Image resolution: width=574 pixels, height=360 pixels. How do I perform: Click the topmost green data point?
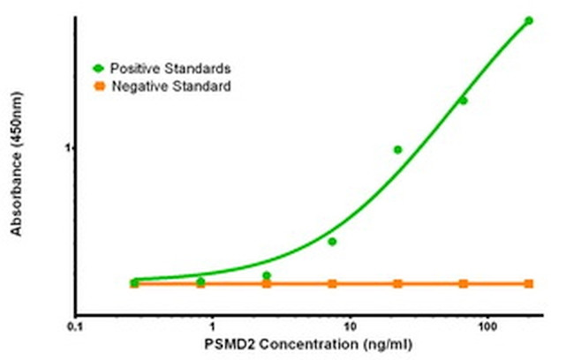[529, 20]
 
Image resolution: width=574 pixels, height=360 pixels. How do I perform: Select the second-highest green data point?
[463, 101]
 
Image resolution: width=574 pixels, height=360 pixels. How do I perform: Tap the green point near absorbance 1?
[397, 150]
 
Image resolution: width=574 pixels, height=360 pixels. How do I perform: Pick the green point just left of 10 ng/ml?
[332, 241]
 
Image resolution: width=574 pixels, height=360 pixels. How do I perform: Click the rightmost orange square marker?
[529, 283]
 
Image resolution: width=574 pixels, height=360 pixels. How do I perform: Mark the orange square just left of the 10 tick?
[332, 283]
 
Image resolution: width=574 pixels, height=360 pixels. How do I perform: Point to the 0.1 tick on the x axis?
[75, 324]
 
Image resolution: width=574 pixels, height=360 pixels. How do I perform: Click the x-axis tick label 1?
[213, 324]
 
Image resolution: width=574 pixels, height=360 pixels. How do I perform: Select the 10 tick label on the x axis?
[350, 324]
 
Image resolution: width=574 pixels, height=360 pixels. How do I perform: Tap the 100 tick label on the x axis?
[487, 324]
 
